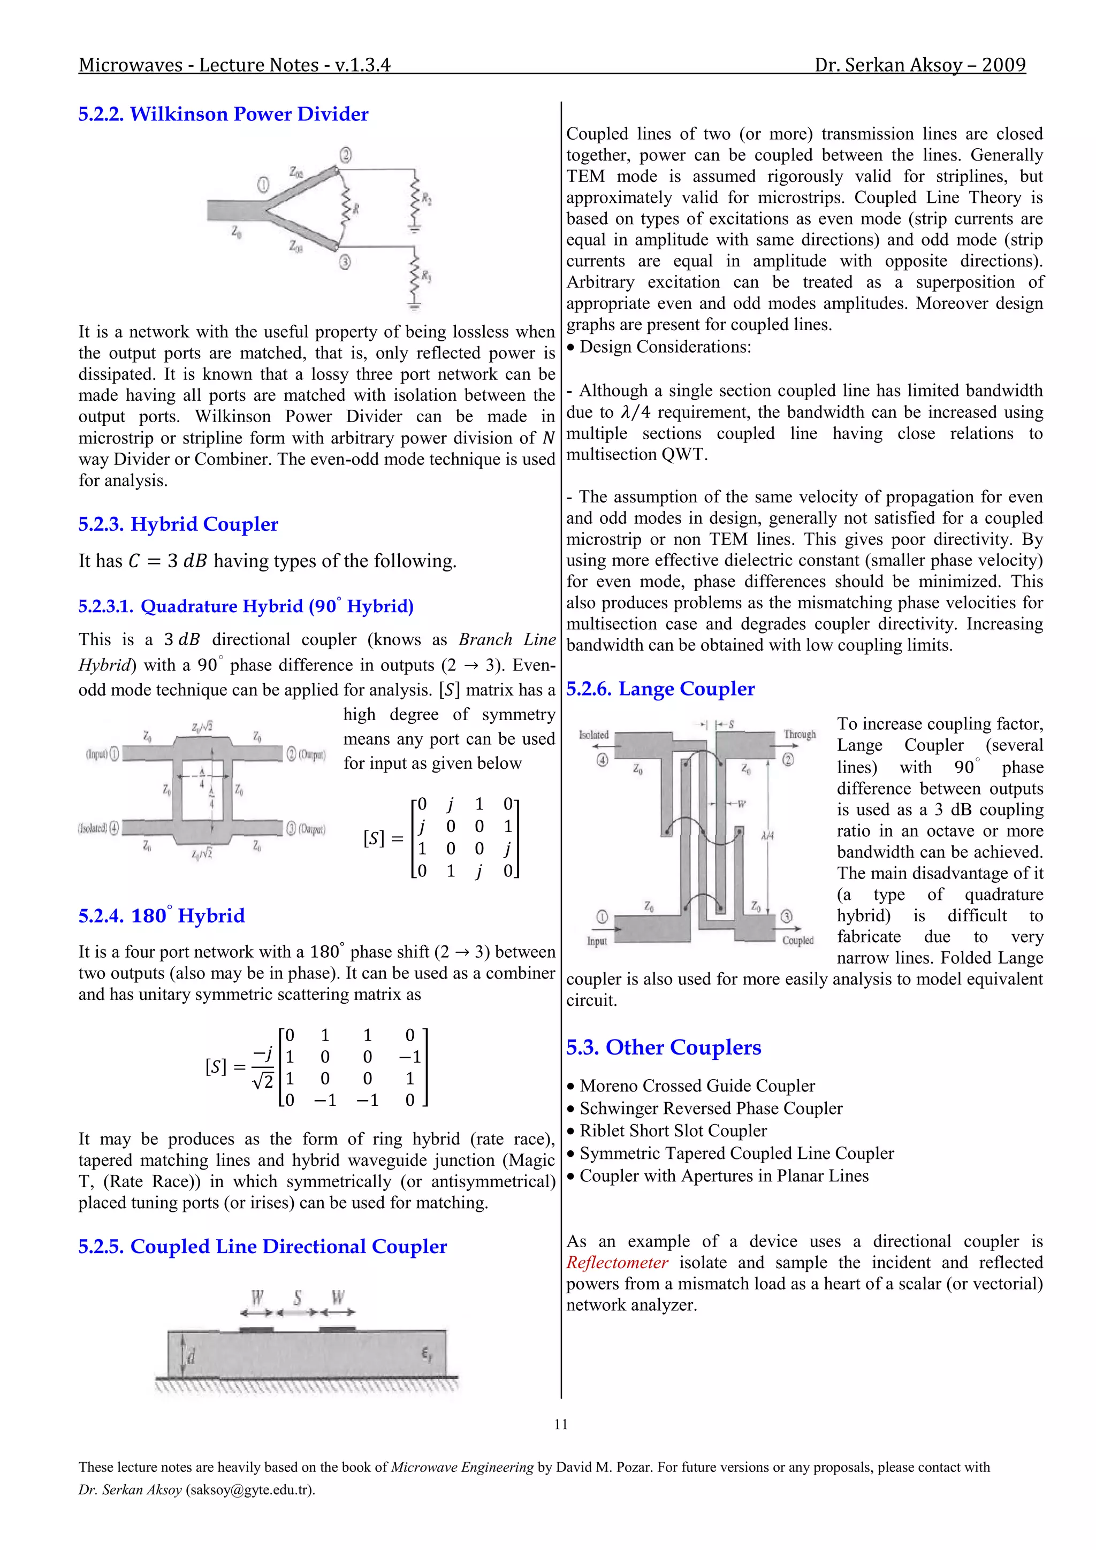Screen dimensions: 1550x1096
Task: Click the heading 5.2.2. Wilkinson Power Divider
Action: point(224,113)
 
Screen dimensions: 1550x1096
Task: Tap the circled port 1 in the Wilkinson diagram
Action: point(263,184)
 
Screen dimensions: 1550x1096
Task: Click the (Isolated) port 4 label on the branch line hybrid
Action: point(98,828)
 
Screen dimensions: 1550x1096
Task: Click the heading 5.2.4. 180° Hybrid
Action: point(162,915)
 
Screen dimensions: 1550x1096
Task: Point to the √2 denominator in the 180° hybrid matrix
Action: point(263,1081)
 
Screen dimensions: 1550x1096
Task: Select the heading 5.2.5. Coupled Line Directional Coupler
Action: point(263,1246)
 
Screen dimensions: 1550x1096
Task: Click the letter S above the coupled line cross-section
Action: point(297,1297)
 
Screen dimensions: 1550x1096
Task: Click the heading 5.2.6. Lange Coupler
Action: point(660,689)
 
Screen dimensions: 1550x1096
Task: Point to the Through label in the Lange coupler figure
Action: point(800,734)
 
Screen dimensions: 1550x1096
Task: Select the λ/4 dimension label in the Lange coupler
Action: point(767,835)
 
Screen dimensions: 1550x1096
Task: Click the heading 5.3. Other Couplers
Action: point(663,1047)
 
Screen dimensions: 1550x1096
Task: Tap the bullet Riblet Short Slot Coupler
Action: point(673,1131)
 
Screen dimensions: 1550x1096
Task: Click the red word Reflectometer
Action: point(617,1262)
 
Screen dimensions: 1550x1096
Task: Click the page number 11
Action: point(560,1424)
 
